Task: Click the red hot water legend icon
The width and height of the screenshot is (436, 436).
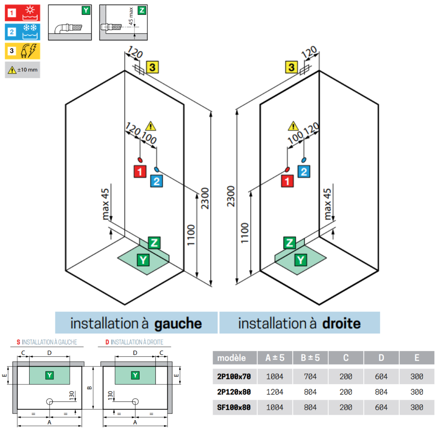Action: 23,13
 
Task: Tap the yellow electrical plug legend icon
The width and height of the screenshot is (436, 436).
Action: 23,51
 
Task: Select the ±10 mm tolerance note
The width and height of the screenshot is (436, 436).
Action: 23,70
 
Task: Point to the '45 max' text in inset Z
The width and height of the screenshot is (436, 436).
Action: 131,16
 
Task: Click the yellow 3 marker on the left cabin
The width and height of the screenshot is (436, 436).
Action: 152,67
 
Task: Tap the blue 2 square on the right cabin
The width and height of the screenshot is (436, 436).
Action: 304,171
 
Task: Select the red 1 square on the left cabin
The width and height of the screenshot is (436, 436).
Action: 140,171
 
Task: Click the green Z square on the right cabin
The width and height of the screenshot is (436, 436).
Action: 290,243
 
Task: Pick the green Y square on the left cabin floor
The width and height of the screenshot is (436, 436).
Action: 143,260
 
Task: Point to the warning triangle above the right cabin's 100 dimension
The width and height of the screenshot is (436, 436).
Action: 293,126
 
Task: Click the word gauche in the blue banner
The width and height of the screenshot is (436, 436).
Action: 178,324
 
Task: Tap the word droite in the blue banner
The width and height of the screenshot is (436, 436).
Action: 341,324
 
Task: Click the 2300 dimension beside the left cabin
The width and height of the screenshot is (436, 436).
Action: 205,198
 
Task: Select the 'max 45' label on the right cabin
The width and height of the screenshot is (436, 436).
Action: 327,204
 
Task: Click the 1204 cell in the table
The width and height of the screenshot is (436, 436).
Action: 275,392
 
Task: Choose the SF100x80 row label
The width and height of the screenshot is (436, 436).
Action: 234,407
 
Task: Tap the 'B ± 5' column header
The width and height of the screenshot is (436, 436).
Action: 310,358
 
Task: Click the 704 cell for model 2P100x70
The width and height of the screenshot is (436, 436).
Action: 310,377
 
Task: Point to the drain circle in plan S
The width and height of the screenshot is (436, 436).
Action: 50,402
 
